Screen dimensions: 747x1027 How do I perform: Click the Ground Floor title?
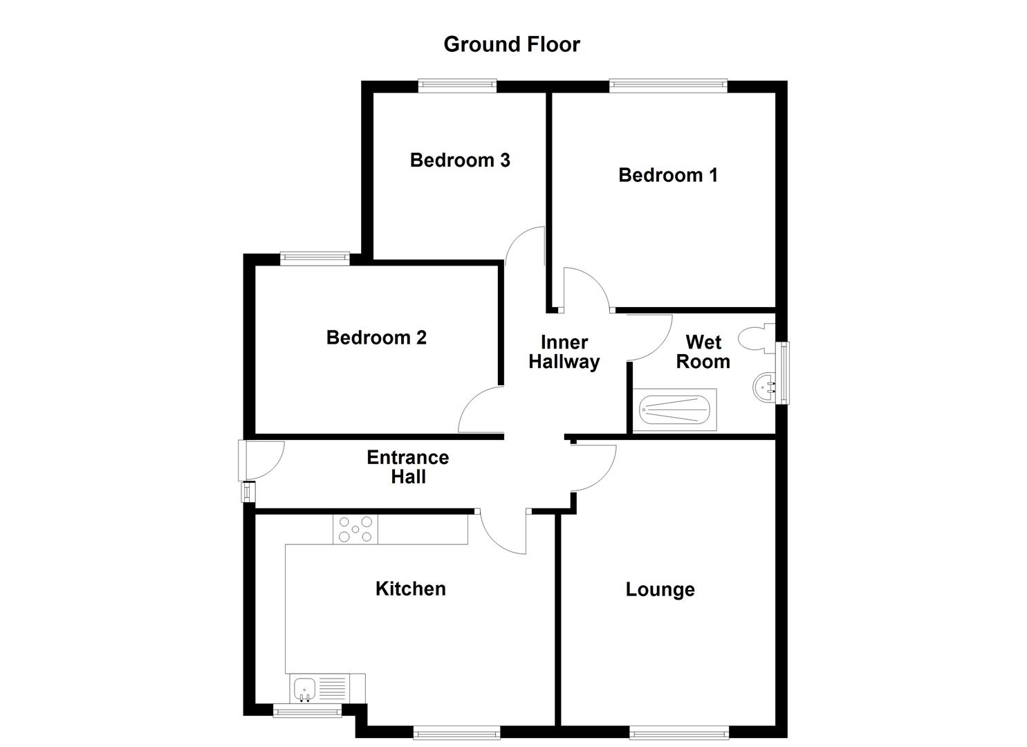point(511,44)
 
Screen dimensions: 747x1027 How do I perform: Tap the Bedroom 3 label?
point(460,160)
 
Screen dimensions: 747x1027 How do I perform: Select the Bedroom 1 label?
point(667,175)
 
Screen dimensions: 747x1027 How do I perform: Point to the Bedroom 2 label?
point(376,338)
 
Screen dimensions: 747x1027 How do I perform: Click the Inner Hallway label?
point(564,352)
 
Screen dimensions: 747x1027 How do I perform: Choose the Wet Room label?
point(703,352)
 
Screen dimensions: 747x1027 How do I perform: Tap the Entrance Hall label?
point(408,467)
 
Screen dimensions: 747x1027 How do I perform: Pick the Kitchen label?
point(410,589)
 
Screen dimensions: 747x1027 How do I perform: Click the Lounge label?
point(660,589)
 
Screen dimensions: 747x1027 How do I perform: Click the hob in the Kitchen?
point(355,530)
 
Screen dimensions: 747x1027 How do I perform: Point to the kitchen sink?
point(305,688)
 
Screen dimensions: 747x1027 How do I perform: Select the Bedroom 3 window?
point(457,86)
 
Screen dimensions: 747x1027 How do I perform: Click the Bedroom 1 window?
point(668,86)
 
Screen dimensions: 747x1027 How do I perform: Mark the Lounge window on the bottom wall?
point(678,732)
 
